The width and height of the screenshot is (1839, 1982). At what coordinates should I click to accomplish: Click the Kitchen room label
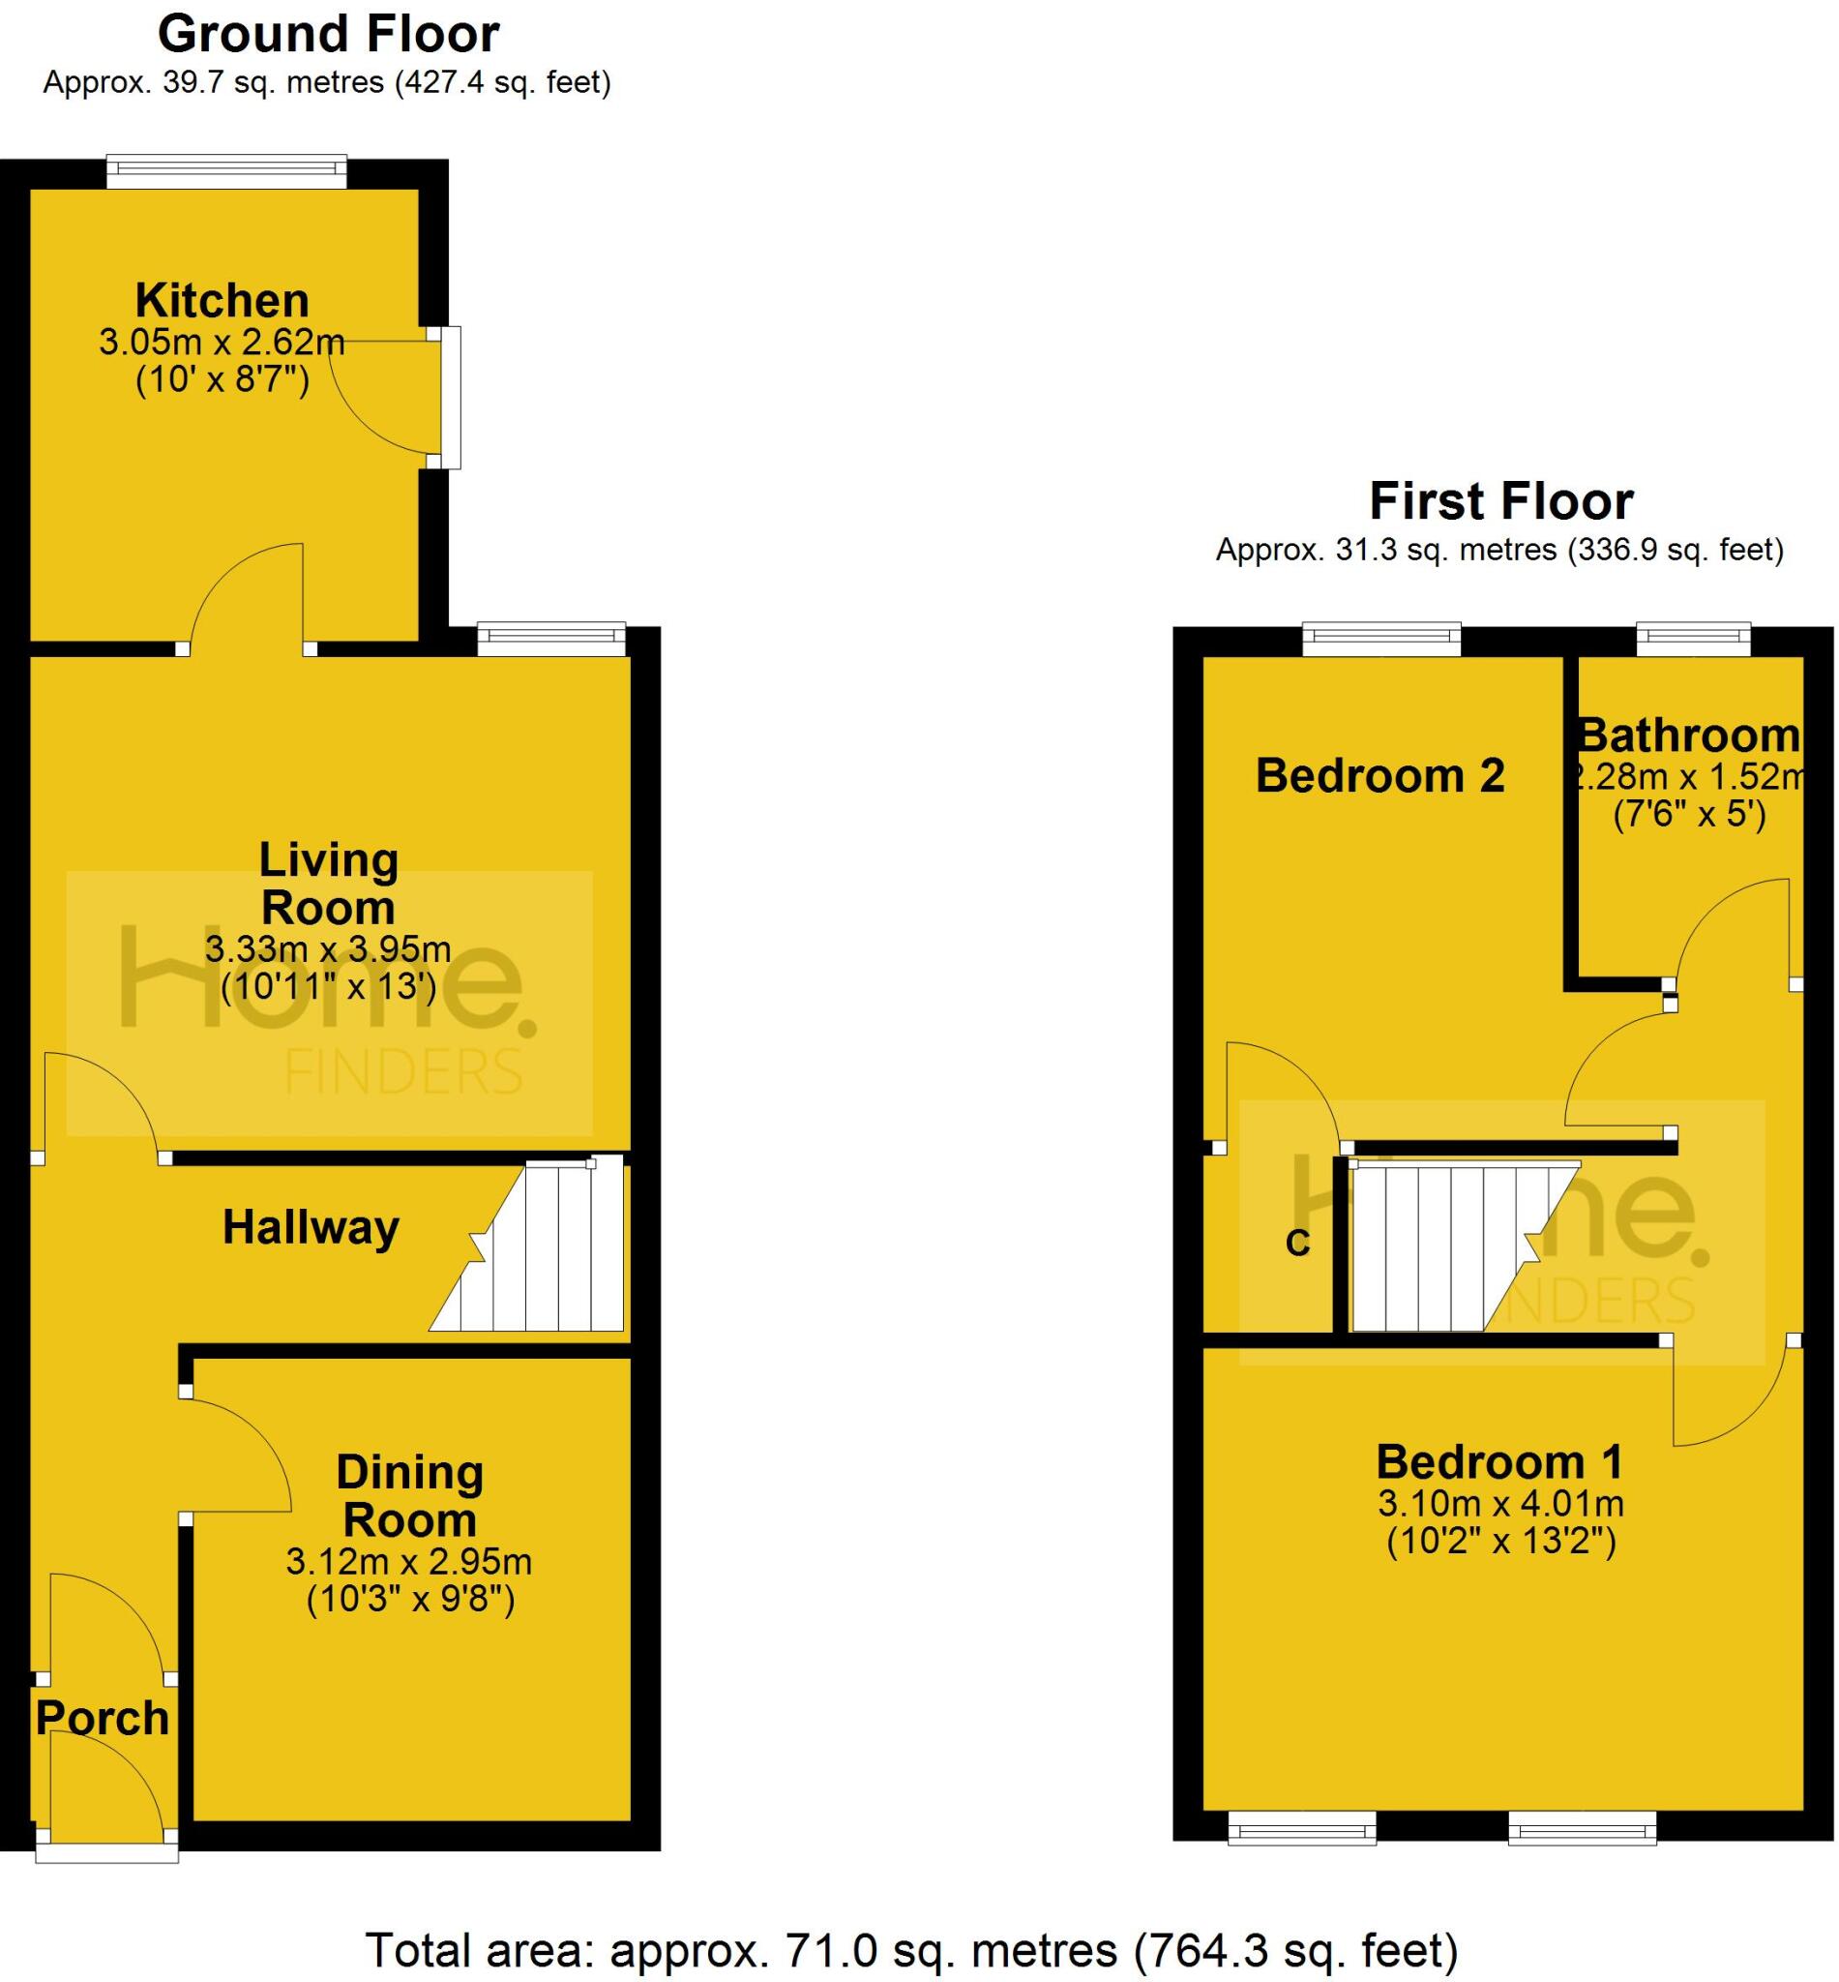coord(222,301)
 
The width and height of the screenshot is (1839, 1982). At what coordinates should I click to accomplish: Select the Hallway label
coord(311,1227)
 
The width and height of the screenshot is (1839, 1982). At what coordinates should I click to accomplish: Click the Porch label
coord(103,1719)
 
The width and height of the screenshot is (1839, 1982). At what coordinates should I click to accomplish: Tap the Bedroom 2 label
coord(1379,775)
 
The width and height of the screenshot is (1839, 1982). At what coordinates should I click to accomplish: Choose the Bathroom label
coord(1689,736)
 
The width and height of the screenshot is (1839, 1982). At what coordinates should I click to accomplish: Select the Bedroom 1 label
coord(1499,1462)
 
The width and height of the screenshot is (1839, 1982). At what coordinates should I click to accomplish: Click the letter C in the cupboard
coord(1297,1244)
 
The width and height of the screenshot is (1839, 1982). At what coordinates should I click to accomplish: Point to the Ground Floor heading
coord(328,34)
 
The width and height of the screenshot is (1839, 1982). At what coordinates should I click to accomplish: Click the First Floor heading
coord(1500,500)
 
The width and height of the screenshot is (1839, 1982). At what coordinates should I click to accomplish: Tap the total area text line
coord(911,1950)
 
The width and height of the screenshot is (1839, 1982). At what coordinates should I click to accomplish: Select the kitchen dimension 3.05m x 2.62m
coord(222,343)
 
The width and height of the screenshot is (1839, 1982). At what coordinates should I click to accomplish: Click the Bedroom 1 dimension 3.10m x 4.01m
coord(1500,1503)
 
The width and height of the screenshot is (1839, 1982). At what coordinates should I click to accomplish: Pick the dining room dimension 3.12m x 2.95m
coord(409,1562)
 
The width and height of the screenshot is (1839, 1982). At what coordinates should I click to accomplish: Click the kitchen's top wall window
coord(227,172)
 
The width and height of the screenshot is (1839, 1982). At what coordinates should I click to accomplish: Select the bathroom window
coord(1694,639)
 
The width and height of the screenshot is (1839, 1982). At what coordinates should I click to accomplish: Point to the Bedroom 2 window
coord(1381,639)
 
